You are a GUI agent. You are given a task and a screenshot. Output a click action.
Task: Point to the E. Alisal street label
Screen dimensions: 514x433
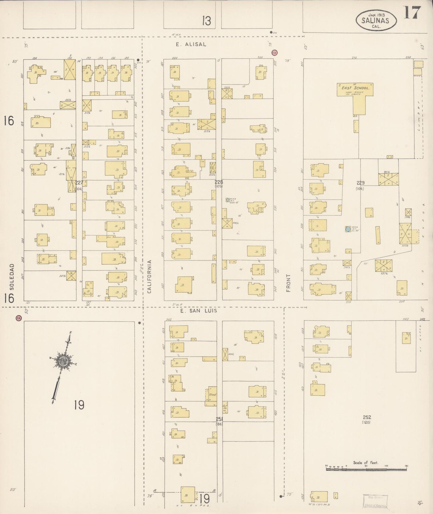tap(191, 44)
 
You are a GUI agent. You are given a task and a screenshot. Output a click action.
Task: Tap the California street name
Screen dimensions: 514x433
tap(150, 276)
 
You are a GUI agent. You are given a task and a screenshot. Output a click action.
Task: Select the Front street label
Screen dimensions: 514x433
tap(289, 283)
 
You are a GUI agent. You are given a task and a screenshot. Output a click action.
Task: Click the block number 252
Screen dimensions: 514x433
tap(367, 417)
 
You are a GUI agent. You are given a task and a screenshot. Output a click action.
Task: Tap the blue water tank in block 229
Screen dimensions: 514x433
tap(347, 229)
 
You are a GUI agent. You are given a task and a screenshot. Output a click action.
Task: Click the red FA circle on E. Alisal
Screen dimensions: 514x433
tap(274, 52)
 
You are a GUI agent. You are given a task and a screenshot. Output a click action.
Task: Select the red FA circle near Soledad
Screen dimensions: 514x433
tap(19, 318)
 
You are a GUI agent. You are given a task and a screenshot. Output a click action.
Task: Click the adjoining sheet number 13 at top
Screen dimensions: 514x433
tap(206, 21)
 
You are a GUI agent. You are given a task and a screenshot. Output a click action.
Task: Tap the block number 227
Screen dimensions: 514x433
tap(79, 182)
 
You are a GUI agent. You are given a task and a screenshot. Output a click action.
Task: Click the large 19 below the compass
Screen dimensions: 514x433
tap(79, 405)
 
